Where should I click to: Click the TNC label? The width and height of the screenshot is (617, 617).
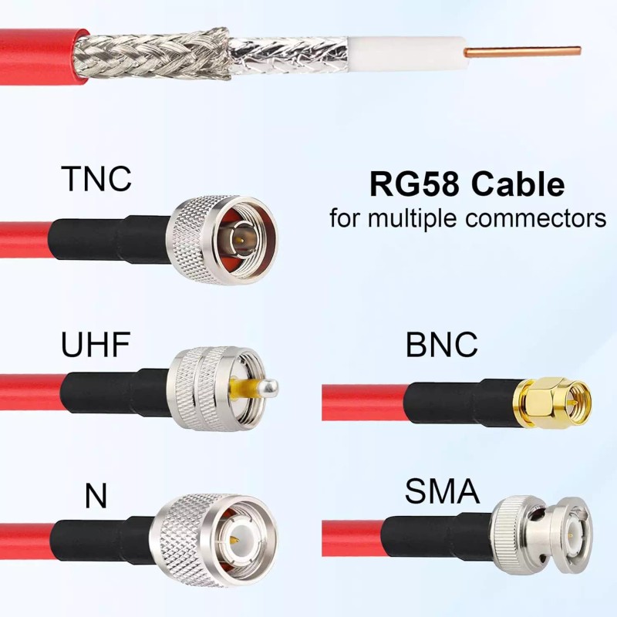(96, 178)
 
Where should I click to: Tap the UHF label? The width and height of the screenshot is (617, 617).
(95, 345)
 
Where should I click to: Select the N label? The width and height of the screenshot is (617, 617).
(96, 496)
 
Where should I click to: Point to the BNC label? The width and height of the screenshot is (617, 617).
(441, 345)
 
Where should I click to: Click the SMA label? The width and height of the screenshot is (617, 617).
(442, 491)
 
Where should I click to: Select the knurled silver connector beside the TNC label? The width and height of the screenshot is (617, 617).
(224, 239)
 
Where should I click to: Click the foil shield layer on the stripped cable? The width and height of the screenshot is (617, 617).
(289, 52)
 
